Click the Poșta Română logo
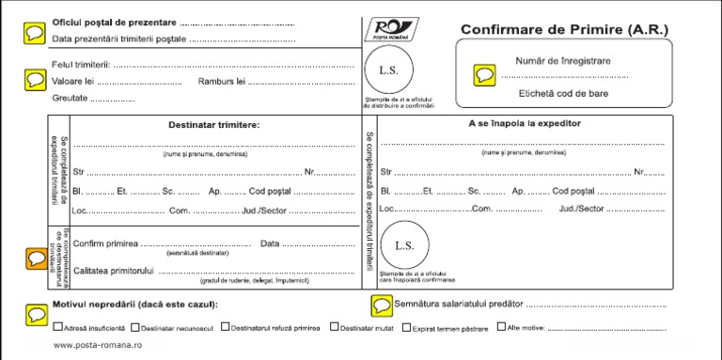(x=390, y=30)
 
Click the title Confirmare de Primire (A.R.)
(x=563, y=30)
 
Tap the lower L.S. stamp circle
(x=404, y=245)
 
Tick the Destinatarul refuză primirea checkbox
(x=226, y=328)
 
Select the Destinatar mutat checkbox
(x=335, y=328)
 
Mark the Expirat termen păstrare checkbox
(x=406, y=328)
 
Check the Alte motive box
(x=501, y=328)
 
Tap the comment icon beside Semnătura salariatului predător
(x=382, y=305)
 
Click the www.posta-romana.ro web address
(x=97, y=346)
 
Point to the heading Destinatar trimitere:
(x=214, y=124)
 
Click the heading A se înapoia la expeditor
(x=525, y=123)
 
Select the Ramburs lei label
(x=221, y=82)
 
